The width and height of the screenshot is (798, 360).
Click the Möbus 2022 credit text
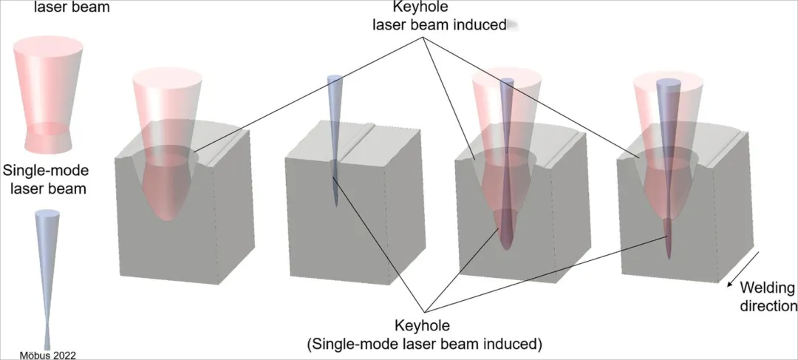click(47, 355)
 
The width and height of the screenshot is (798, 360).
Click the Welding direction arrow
click(743, 269)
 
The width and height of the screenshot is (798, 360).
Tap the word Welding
click(766, 288)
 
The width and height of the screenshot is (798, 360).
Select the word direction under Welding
click(768, 305)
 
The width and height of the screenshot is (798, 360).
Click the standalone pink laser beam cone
click(49, 94)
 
